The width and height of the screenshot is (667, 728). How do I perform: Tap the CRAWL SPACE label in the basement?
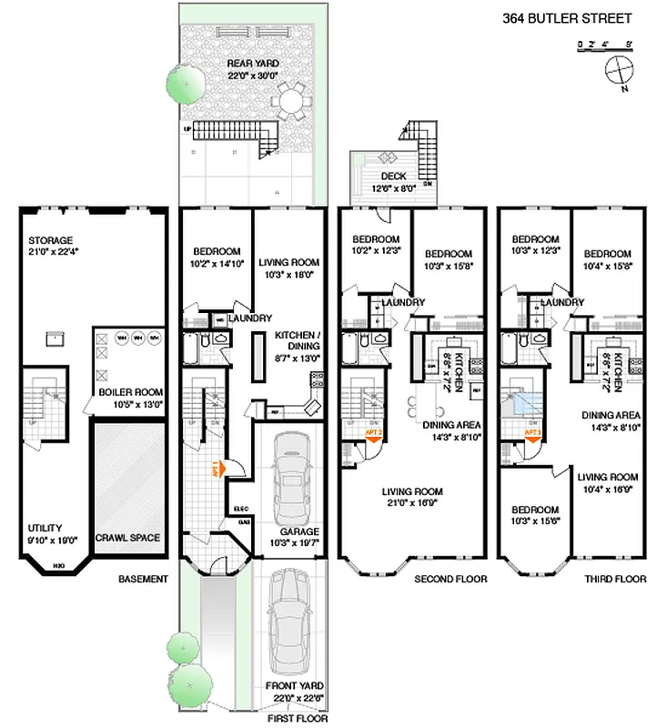pyautogui.click(x=127, y=538)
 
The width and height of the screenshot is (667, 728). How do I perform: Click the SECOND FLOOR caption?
pyautogui.click(x=450, y=579)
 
